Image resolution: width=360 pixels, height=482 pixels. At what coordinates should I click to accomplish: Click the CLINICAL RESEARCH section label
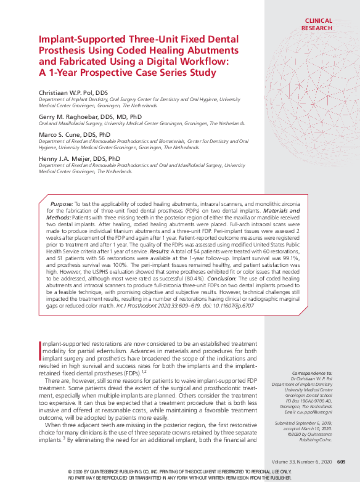coord(318,24)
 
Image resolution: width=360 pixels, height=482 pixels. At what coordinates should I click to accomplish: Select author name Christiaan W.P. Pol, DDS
coord(73,92)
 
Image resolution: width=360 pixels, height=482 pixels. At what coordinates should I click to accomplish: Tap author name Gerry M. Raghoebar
coord(68,116)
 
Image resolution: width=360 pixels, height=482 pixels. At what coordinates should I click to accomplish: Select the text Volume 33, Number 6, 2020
coord(301,462)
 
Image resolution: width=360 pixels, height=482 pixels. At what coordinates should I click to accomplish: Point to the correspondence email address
coord(316,412)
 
